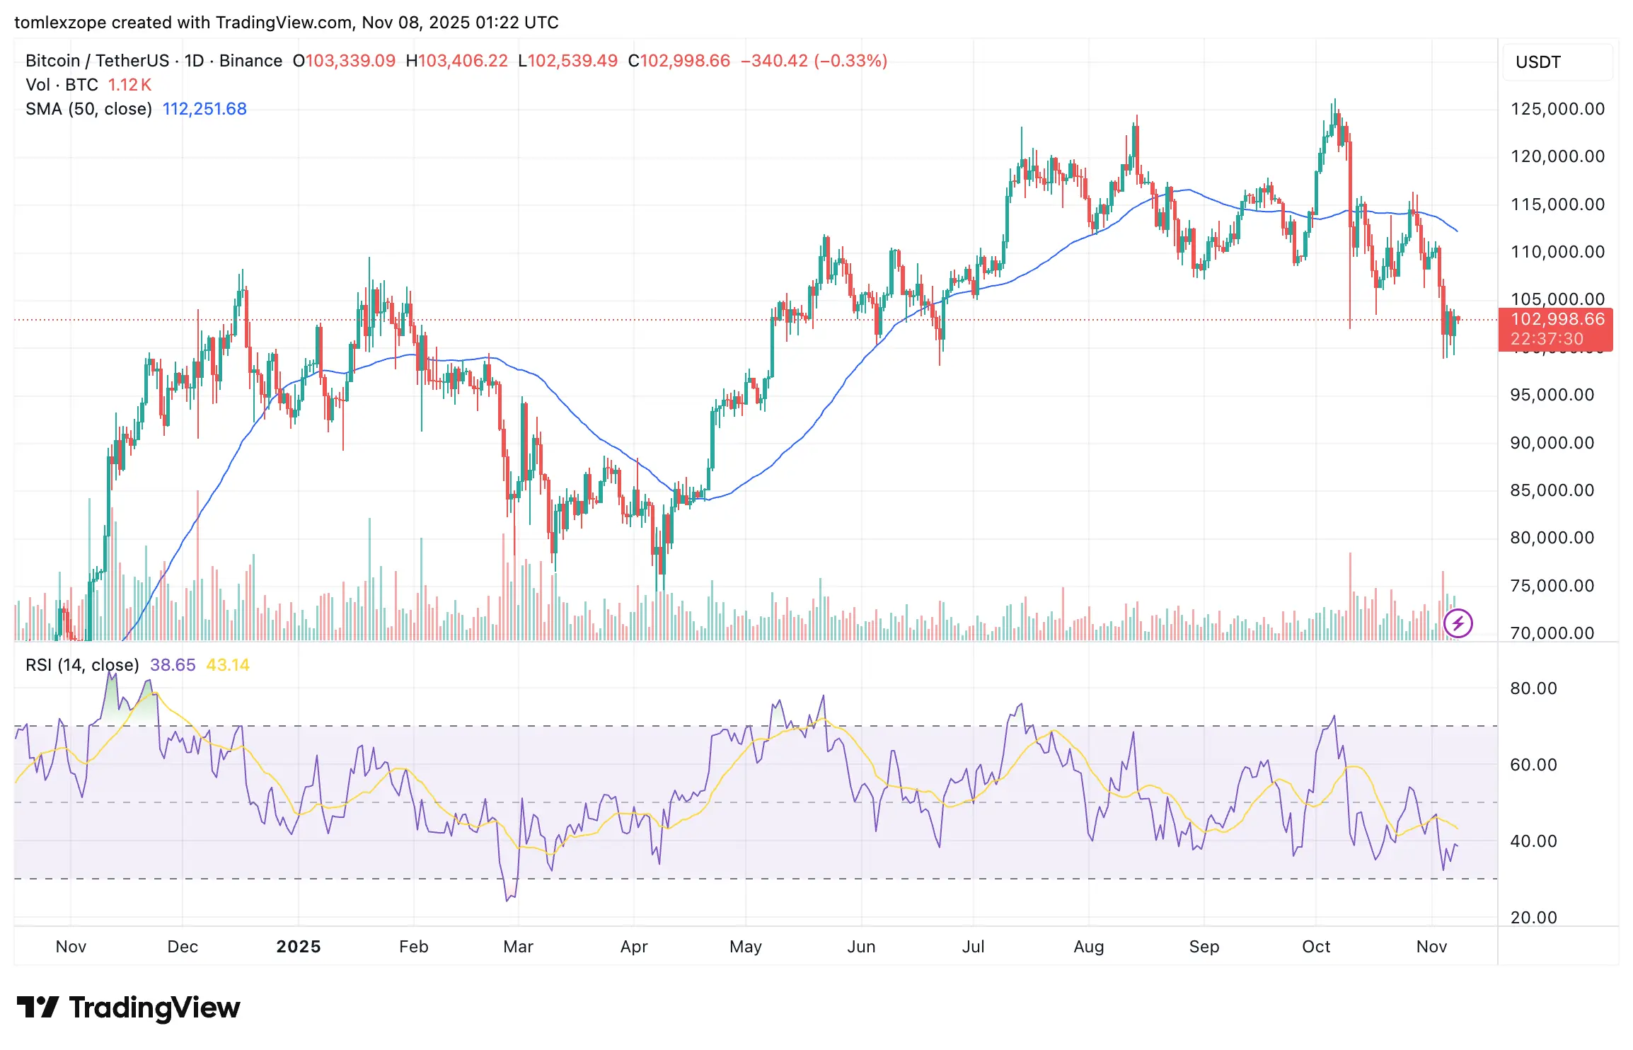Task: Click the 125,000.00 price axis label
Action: (1557, 109)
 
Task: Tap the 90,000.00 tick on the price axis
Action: (1552, 443)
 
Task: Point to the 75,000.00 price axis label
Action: (1552, 586)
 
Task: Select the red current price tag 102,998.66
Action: (1557, 320)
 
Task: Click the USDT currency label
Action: (1537, 62)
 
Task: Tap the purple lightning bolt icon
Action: (1458, 623)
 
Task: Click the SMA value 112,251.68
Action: (204, 109)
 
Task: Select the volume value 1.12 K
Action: (129, 85)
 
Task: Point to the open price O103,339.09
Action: (344, 61)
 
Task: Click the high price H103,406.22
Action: (456, 61)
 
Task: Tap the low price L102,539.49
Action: (567, 61)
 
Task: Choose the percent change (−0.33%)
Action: (850, 61)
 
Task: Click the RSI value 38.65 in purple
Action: (173, 665)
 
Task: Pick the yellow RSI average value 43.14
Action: (228, 665)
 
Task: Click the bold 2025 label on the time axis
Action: (299, 947)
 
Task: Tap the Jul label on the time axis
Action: (973, 947)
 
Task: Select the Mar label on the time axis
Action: (518, 947)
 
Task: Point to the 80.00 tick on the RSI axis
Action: (1533, 688)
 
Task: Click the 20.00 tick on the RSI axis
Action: (1533, 918)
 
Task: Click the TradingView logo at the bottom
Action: (129, 1008)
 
